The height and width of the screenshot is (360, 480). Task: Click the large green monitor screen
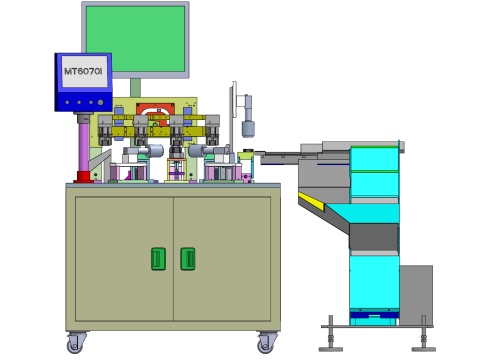[135, 38]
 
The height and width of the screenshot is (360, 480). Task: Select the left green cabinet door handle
[157, 258]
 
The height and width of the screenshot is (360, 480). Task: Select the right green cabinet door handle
[187, 258]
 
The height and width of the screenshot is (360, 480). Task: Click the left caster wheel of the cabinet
[76, 344]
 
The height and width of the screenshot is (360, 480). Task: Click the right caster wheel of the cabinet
[266, 344]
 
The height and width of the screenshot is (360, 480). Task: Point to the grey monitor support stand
[135, 87]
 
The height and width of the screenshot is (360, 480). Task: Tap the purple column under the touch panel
[83, 146]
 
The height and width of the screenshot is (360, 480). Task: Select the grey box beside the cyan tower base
[415, 294]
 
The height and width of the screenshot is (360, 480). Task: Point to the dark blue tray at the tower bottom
[373, 317]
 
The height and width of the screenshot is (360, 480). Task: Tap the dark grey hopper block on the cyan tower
[373, 236]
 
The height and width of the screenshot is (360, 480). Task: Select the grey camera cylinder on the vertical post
[248, 127]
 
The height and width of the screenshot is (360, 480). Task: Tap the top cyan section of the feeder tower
[374, 158]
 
